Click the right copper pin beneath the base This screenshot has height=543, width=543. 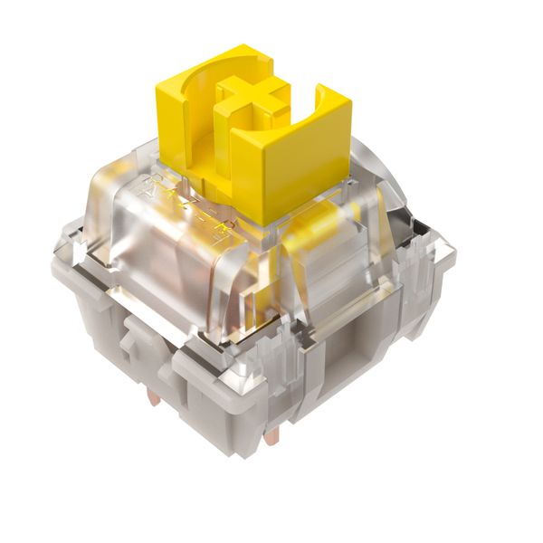click(x=271, y=436)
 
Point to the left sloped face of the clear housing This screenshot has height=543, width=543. click(x=136, y=235)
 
